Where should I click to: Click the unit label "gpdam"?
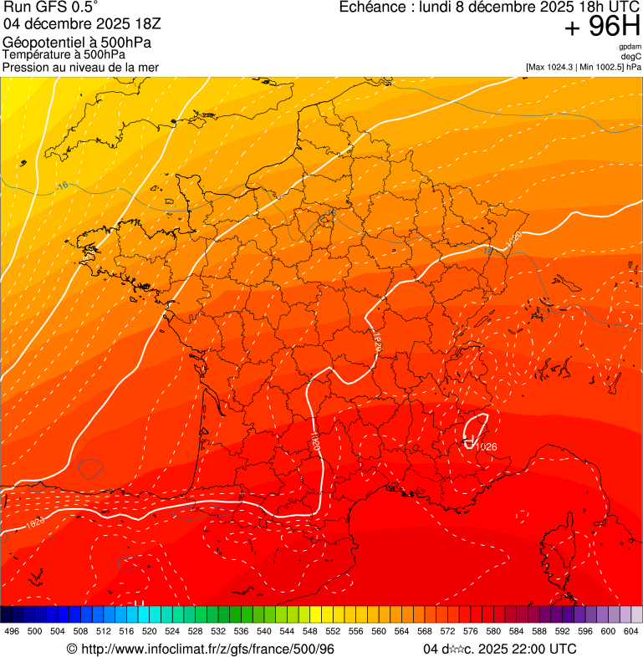point(630,47)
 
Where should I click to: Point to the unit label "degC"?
point(631,56)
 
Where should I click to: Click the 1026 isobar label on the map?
point(486,446)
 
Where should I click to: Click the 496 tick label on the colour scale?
point(12,631)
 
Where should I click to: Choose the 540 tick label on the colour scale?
point(264,631)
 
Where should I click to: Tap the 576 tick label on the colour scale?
point(471,631)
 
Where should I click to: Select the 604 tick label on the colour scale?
point(631,631)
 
